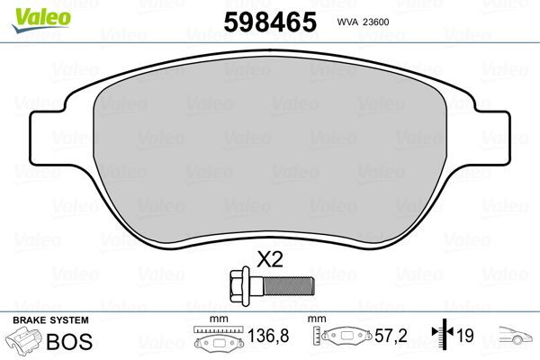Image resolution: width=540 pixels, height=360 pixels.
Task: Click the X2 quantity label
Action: [271, 260]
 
